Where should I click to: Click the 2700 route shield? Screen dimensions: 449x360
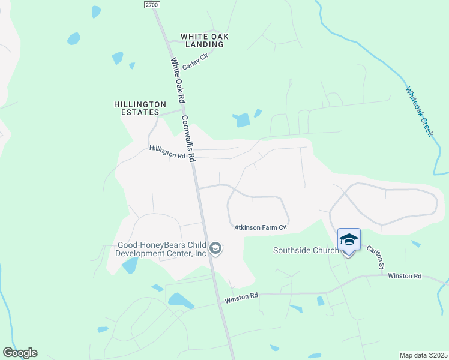152,4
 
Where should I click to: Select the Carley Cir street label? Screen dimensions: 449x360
194,61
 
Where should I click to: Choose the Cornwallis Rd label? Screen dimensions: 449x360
188,139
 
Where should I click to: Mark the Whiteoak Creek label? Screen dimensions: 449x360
418,112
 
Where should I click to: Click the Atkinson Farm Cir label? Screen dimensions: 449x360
261,227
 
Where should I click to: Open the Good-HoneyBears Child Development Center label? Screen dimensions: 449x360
162,249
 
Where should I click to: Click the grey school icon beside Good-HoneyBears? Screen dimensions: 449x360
216,248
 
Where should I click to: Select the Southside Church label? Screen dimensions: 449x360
306,250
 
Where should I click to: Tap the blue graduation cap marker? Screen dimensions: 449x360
349,239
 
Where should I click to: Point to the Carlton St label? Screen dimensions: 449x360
376,256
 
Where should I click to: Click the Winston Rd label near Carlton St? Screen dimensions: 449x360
405,276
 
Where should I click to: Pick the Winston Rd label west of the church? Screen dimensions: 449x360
241,296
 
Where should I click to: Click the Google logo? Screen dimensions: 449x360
20,353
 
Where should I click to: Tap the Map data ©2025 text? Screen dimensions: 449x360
423,355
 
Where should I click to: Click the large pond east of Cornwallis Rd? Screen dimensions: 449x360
243,120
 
